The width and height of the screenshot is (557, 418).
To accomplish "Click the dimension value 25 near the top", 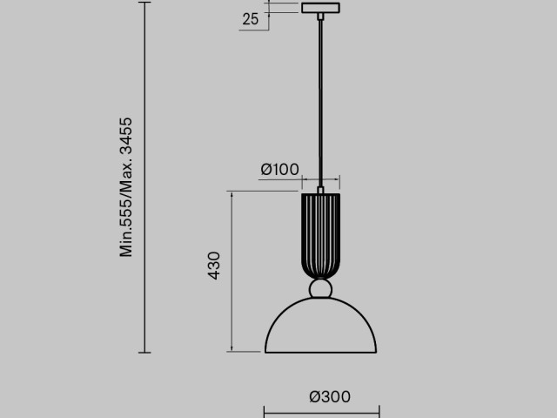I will click(251, 19).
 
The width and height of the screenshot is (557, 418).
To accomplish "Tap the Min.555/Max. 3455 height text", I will click(127, 186).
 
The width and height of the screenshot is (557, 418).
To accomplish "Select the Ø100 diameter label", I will click(278, 169).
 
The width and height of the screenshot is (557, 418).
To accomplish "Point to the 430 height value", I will click(214, 266).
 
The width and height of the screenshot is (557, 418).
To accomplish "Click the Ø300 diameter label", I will click(330, 397).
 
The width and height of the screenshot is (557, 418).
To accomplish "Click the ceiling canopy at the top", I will click(321, 9).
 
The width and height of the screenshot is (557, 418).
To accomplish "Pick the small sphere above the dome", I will click(321, 289).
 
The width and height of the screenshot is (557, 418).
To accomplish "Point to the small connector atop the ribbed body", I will click(321, 190).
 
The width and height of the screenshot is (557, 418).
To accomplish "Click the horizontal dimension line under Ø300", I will click(321, 412).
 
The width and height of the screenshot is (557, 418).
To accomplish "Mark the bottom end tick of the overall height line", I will click(144, 353).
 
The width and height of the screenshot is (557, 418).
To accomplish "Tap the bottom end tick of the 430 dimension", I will click(232, 352).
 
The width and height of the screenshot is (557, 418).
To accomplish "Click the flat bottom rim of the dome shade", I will click(321, 352).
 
